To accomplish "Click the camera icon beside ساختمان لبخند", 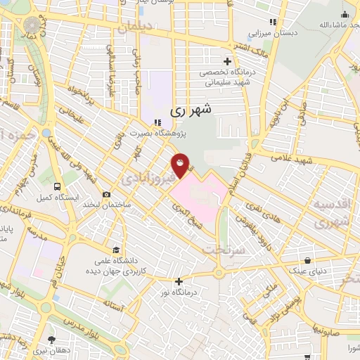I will [106, 195].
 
